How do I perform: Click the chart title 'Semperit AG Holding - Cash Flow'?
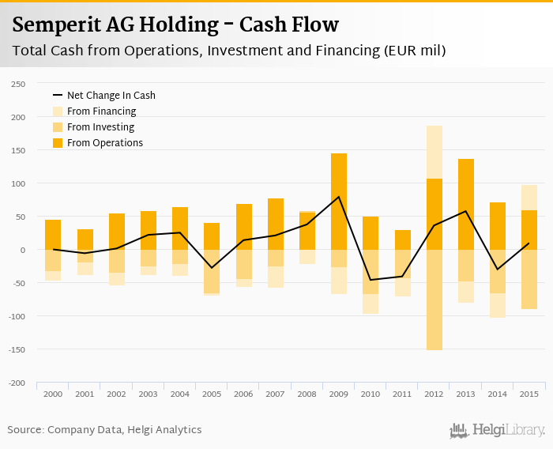point(175,25)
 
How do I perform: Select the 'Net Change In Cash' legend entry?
point(111,96)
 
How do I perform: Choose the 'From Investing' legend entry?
point(100,127)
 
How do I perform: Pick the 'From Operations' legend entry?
point(104,143)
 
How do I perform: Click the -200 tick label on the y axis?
point(16,383)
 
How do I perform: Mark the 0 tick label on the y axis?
point(22,250)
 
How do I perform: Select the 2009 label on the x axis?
point(338,394)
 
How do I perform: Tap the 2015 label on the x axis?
point(529,394)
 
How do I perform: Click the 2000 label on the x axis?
point(53,394)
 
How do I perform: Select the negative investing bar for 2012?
point(434,300)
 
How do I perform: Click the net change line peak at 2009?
point(338,197)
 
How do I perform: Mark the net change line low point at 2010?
point(370,280)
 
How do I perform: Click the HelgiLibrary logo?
point(497,430)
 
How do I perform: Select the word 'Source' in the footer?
point(25,430)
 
